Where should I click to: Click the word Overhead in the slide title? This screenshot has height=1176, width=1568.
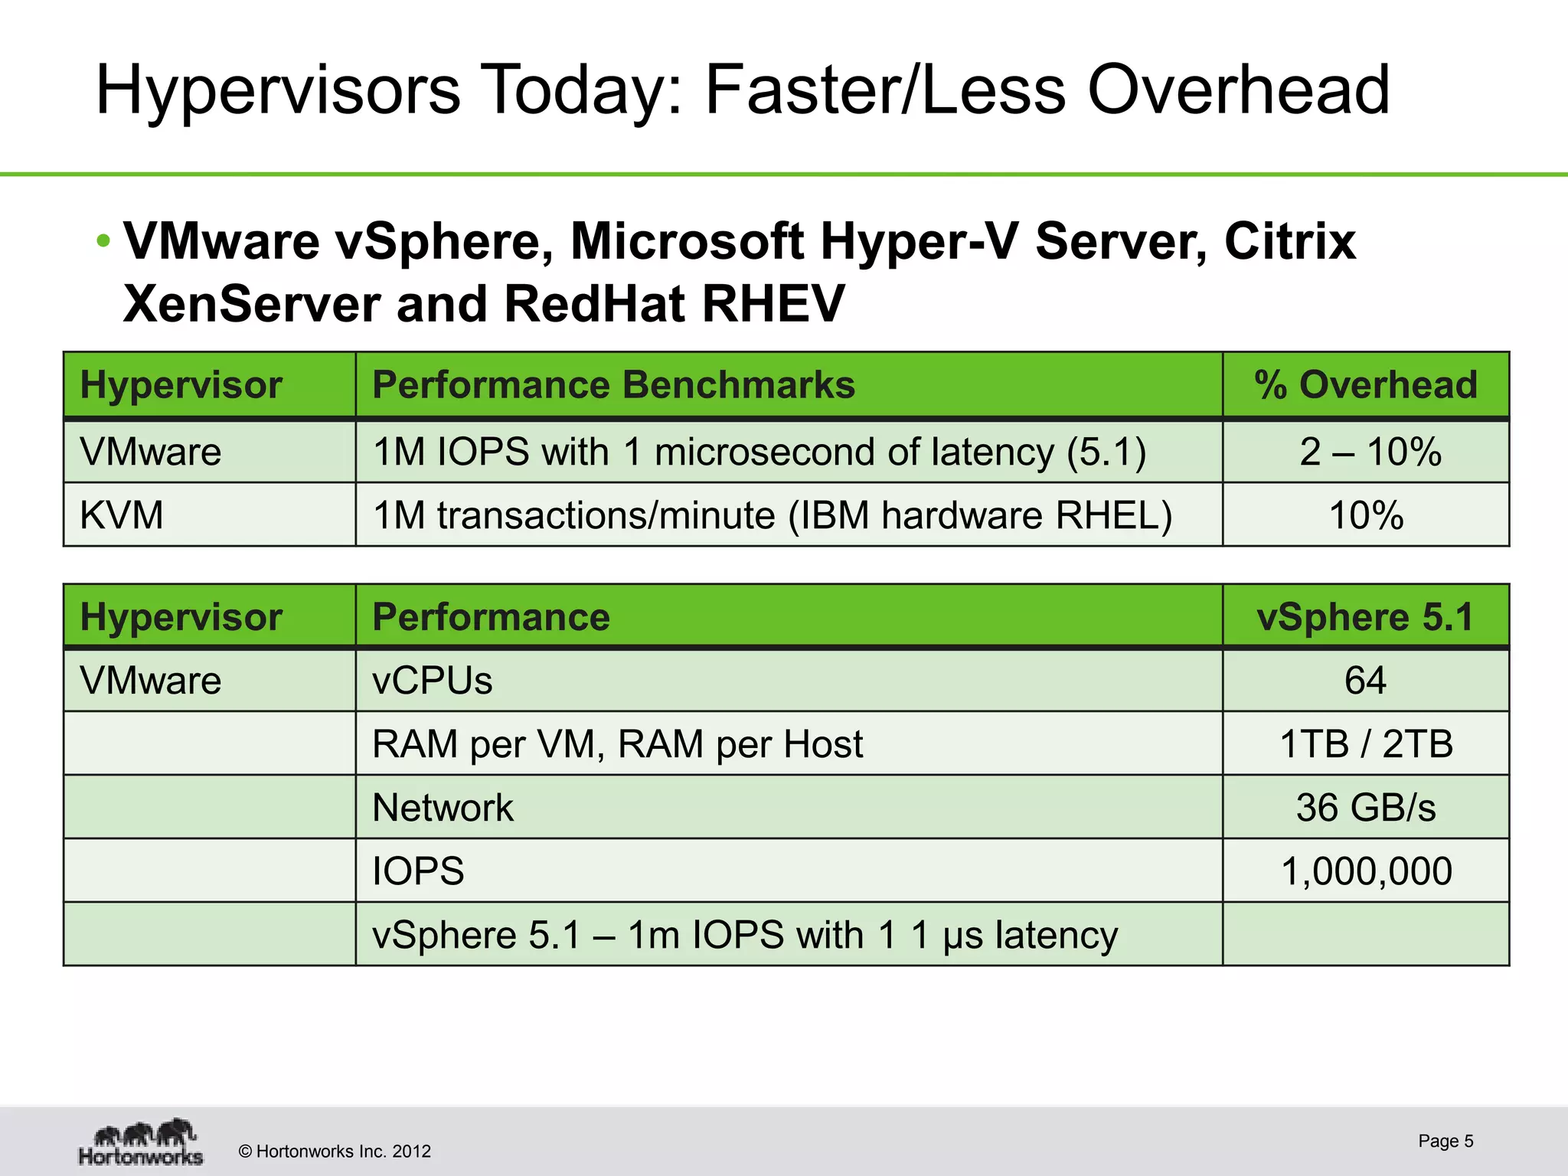pyautogui.click(x=1238, y=90)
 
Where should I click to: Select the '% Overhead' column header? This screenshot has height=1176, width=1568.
pyautogui.click(x=1366, y=384)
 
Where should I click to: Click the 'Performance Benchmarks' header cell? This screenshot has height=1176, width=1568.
pyautogui.click(x=613, y=384)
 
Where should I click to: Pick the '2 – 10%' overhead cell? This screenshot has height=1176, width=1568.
pyautogui.click(x=1370, y=452)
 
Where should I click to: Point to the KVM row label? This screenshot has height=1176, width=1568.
pyautogui.click(x=122, y=514)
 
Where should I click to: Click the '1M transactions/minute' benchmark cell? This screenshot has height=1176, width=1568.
pyautogui.click(x=772, y=514)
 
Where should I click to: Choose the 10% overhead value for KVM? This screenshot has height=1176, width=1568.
pyautogui.click(x=1366, y=514)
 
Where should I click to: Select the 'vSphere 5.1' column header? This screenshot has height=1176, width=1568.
pyautogui.click(x=1365, y=617)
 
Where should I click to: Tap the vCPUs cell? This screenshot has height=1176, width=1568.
pyautogui.click(x=433, y=681)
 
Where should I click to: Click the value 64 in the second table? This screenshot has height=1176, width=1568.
pyautogui.click(x=1365, y=681)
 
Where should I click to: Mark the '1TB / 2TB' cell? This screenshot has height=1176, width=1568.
pyautogui.click(x=1366, y=744)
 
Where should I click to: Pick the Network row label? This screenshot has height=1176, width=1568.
pyautogui.click(x=443, y=808)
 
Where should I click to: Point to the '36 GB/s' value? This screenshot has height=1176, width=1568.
pyautogui.click(x=1366, y=808)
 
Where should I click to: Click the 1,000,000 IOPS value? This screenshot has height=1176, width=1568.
pyautogui.click(x=1366, y=871)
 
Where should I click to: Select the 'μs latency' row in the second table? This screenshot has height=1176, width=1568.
pyautogui.click(x=744, y=935)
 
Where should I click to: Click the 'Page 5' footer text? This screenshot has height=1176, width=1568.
pyautogui.click(x=1445, y=1141)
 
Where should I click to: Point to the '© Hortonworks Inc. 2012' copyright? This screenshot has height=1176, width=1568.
pyautogui.click(x=335, y=1151)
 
